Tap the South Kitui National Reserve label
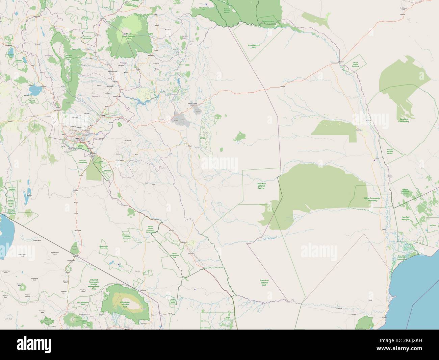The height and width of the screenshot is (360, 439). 261,186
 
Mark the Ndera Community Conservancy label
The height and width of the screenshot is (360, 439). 372,199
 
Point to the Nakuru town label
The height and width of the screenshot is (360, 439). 9,45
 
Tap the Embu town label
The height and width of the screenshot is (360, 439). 137,69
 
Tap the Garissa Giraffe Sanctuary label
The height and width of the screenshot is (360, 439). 355,64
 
